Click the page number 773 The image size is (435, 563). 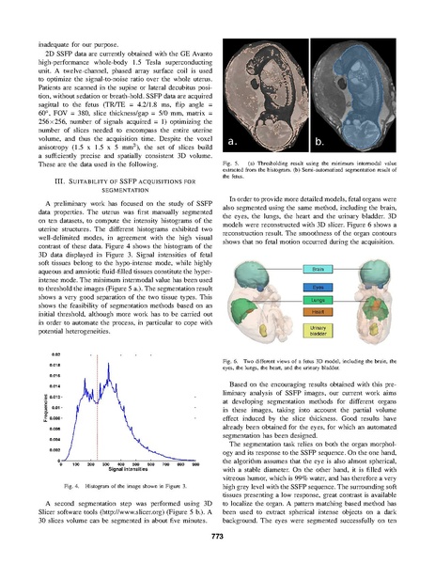[217, 536]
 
